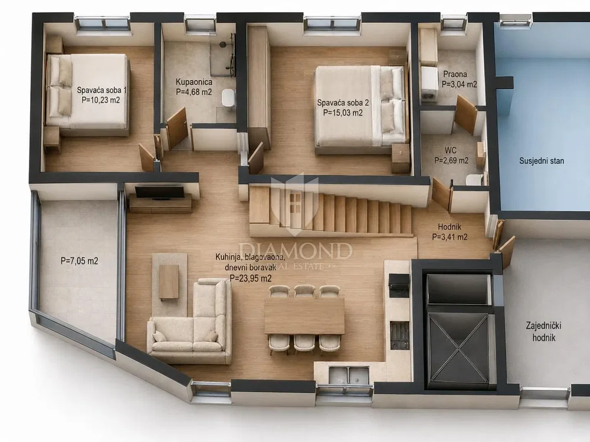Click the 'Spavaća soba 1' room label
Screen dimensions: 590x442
pos(101,90)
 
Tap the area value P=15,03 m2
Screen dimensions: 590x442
pos(343,113)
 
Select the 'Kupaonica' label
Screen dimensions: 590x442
pos(194,82)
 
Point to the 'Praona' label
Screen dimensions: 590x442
pos(455,74)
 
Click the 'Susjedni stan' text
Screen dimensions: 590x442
pos(542,161)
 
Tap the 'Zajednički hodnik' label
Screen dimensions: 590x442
pos(544,331)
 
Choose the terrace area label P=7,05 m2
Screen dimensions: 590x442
pos(80,261)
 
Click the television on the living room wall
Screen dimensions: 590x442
pos(160,192)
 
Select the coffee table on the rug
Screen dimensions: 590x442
pos(169,282)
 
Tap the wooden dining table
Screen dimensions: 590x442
pos(304,316)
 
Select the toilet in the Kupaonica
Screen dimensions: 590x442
pos(228,98)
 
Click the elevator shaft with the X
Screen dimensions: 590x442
pos(459,348)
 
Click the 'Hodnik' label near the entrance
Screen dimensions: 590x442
pos(449,227)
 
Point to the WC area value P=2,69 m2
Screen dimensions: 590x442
pos(451,161)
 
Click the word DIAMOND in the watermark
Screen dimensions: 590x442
pos(296,251)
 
